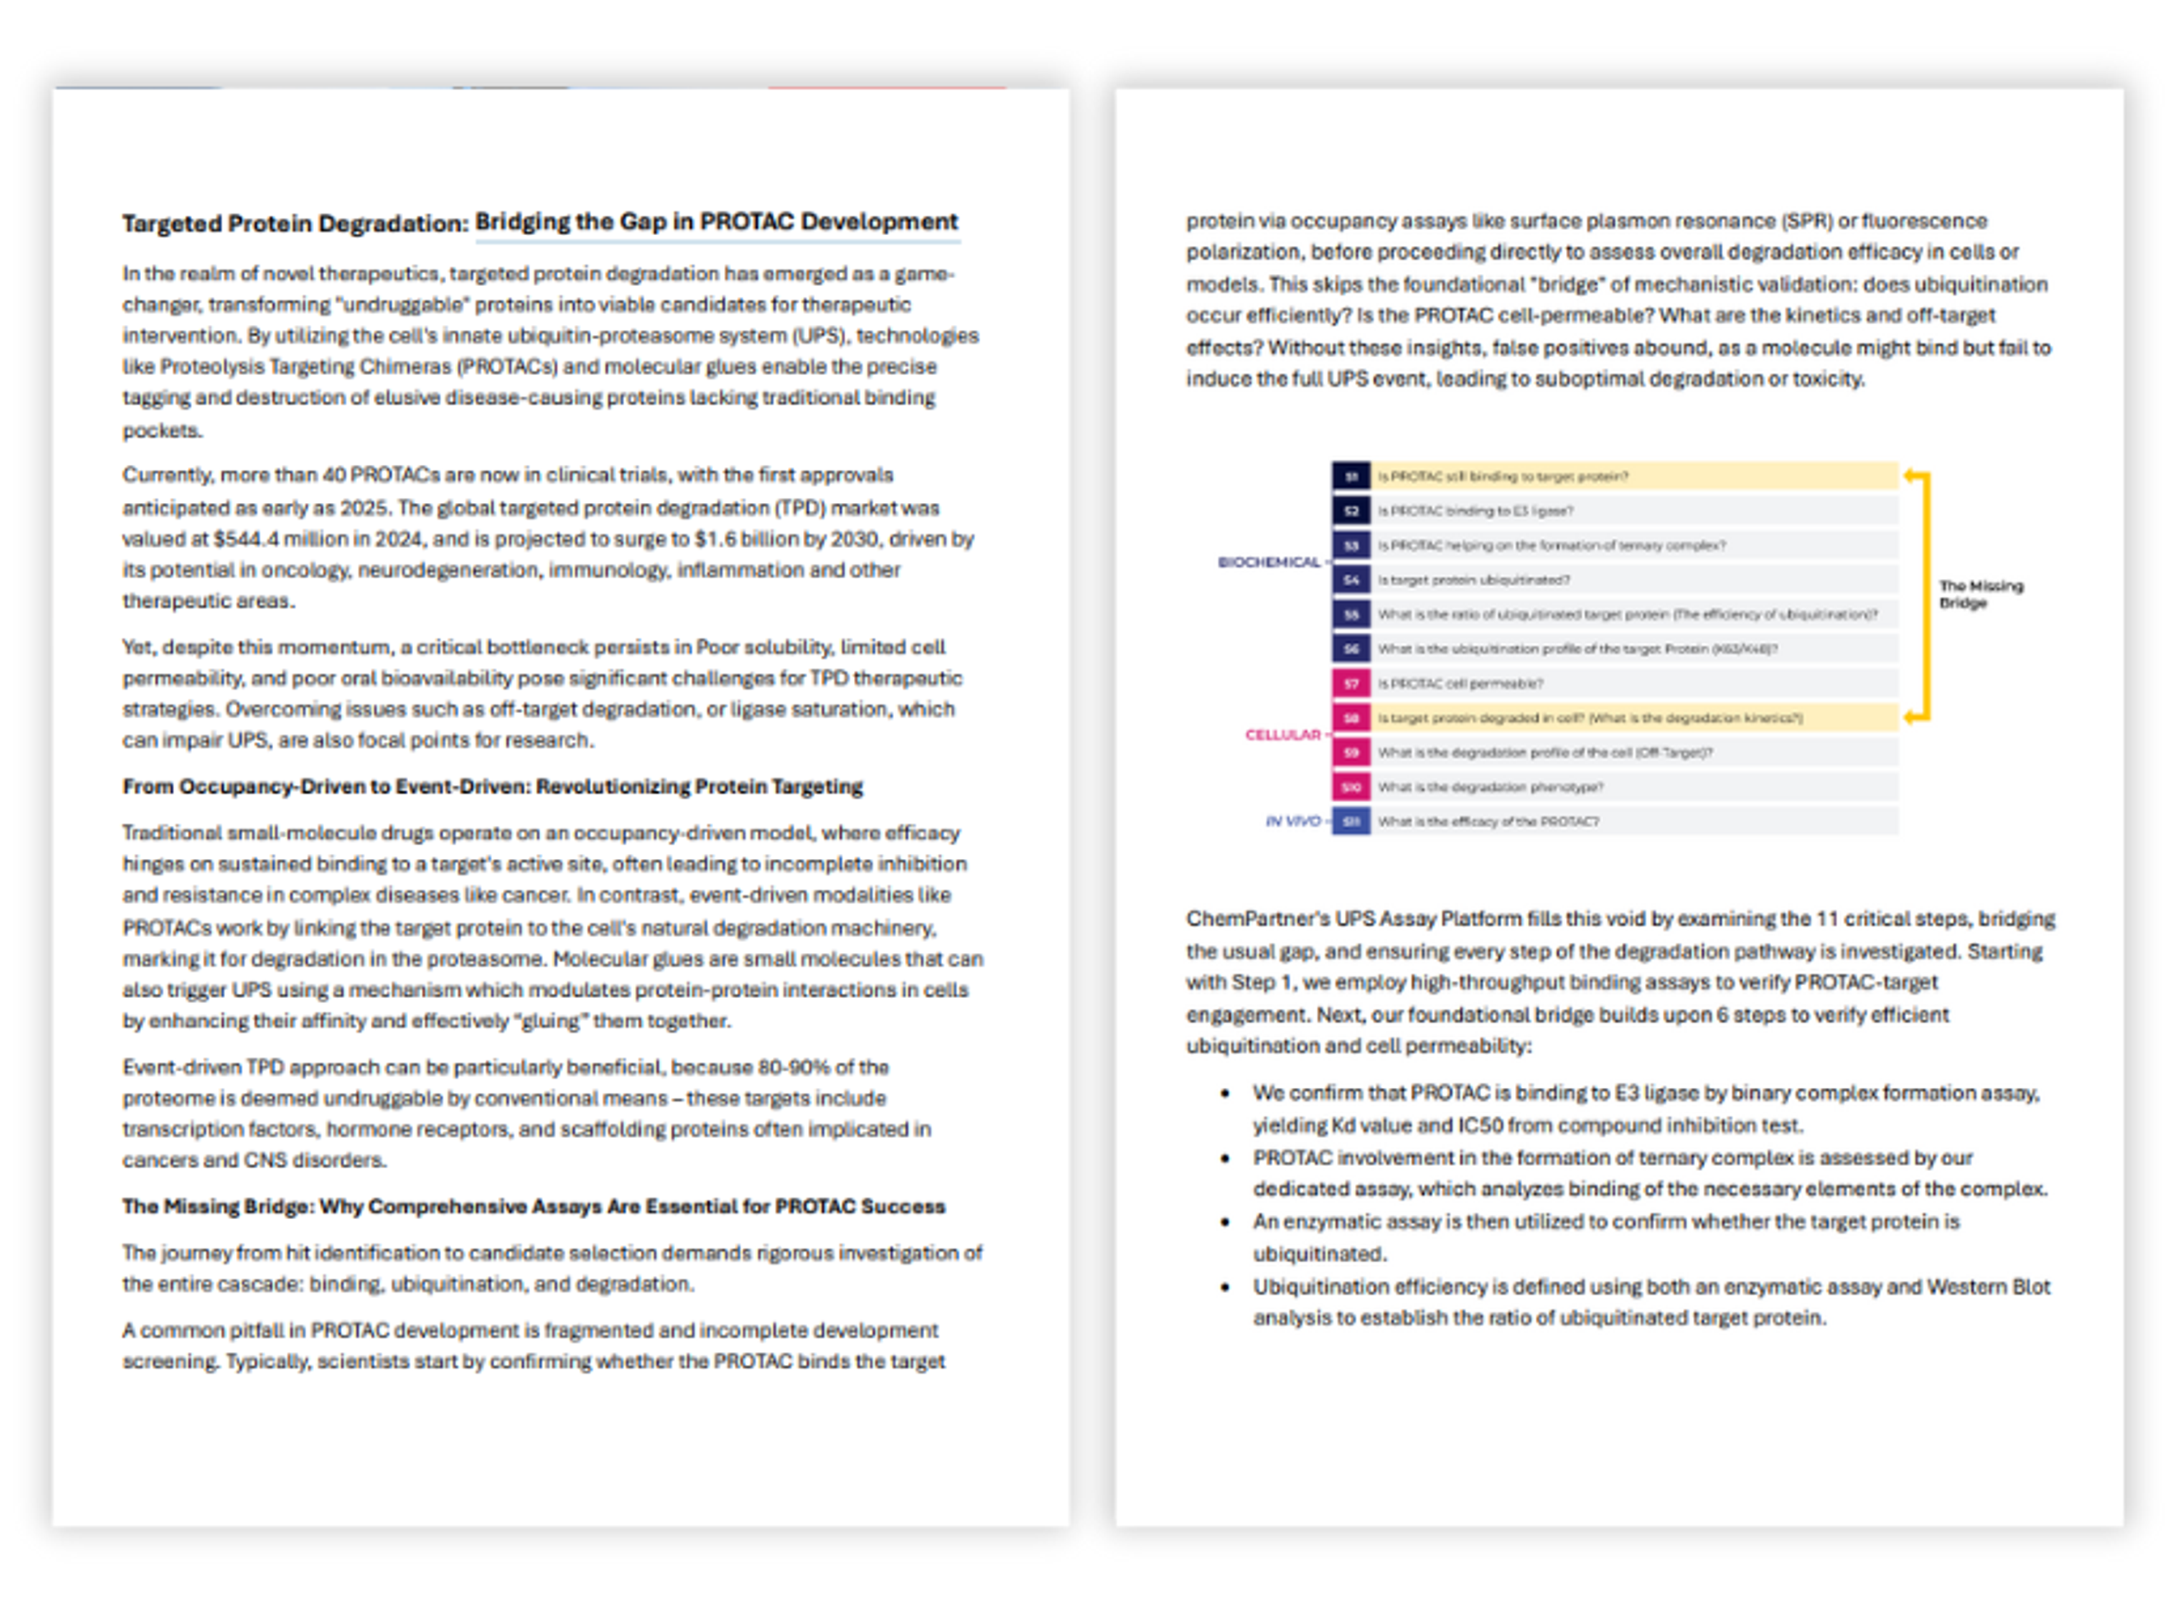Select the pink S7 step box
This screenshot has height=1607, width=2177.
(1350, 684)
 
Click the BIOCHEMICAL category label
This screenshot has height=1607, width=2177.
(1268, 562)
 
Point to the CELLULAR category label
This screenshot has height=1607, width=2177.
(1282, 735)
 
